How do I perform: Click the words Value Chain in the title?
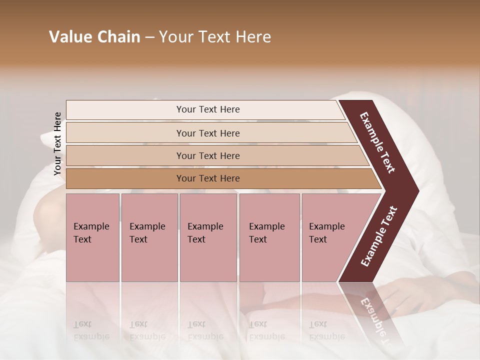coord(94,37)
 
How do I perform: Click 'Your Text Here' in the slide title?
coord(214,37)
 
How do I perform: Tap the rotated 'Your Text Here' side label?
coord(57,143)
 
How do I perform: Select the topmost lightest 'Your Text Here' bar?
coord(207,109)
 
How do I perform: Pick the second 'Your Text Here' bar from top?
coord(207,133)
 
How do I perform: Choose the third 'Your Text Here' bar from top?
coord(207,155)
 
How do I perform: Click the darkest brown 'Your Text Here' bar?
coord(207,178)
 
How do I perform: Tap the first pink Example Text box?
coord(92,237)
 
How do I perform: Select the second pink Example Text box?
coord(149,237)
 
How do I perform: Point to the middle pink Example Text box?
coord(208,237)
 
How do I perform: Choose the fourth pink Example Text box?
coord(269,237)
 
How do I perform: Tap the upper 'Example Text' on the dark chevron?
coord(378,142)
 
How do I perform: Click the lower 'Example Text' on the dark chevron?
coord(379,236)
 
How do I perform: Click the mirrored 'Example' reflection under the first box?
coord(91,336)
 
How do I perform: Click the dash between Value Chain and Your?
coord(149,37)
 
